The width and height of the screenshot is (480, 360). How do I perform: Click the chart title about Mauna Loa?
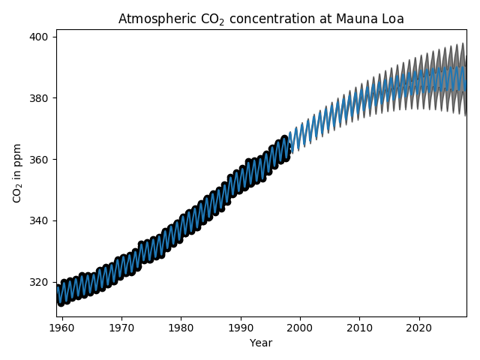click(x=261, y=19)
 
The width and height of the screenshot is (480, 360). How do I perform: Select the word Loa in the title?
click(x=392, y=19)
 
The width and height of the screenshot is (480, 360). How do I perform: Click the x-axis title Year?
click(x=261, y=343)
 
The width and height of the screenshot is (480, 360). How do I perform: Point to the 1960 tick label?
click(x=61, y=328)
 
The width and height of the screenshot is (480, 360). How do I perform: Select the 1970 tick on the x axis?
click(x=121, y=328)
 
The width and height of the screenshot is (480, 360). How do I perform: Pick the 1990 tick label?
click(x=240, y=328)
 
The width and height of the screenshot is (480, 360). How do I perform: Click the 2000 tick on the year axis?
click(x=300, y=328)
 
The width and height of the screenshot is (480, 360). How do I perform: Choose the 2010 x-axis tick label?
click(x=359, y=328)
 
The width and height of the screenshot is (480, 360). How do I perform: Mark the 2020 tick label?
click(x=418, y=328)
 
